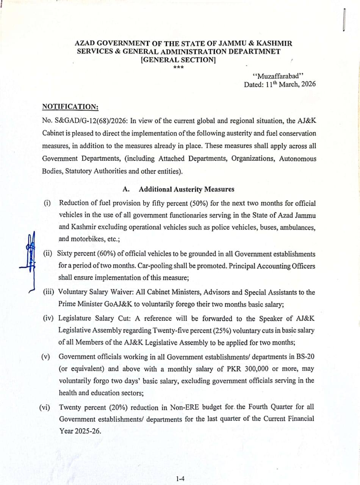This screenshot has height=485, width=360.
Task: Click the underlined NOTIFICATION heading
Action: point(70,107)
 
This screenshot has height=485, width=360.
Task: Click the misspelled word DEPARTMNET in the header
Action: point(250,51)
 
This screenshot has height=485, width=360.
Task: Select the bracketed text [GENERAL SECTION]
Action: point(178,59)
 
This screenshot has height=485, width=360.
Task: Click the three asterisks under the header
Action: point(178,68)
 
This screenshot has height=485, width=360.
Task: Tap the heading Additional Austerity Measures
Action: point(186,189)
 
